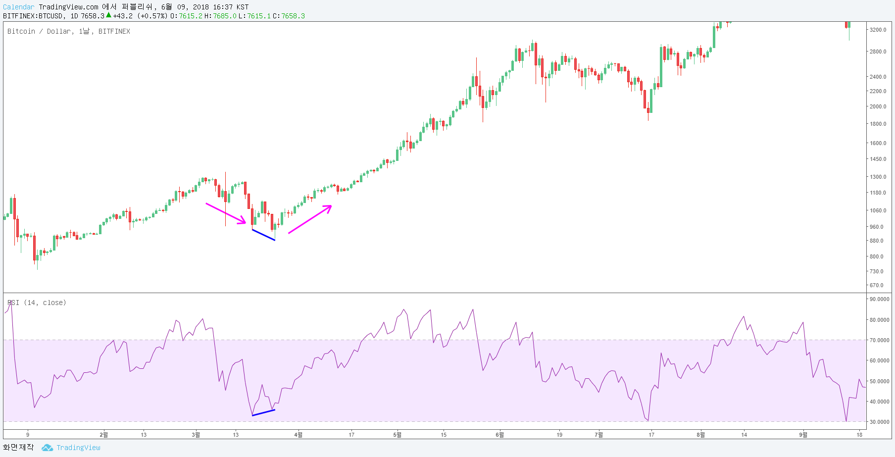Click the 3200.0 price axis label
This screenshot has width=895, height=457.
click(878, 30)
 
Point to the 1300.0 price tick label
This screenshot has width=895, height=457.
click(878, 177)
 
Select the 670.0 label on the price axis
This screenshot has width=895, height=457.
click(877, 285)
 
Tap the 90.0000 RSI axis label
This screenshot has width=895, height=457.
click(880, 299)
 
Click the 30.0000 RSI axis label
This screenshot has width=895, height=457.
click(880, 422)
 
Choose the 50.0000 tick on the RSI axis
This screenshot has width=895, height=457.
click(880, 381)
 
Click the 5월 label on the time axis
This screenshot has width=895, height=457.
click(398, 435)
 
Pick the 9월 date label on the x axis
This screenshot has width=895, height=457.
click(803, 435)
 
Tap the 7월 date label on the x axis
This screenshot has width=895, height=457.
click(599, 435)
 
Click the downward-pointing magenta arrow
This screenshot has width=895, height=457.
click(226, 213)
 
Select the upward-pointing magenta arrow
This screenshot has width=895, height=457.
click(310, 219)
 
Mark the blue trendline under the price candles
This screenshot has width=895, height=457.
click(263, 235)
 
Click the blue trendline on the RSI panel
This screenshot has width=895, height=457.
click(263, 412)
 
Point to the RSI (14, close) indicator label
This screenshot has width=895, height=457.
click(37, 303)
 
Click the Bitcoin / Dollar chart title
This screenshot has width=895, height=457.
click(69, 31)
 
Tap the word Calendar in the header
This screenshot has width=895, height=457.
click(19, 7)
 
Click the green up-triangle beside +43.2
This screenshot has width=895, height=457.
click(108, 15)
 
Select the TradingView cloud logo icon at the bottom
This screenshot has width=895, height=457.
click(47, 448)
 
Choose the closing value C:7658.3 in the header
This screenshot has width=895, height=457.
click(289, 16)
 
